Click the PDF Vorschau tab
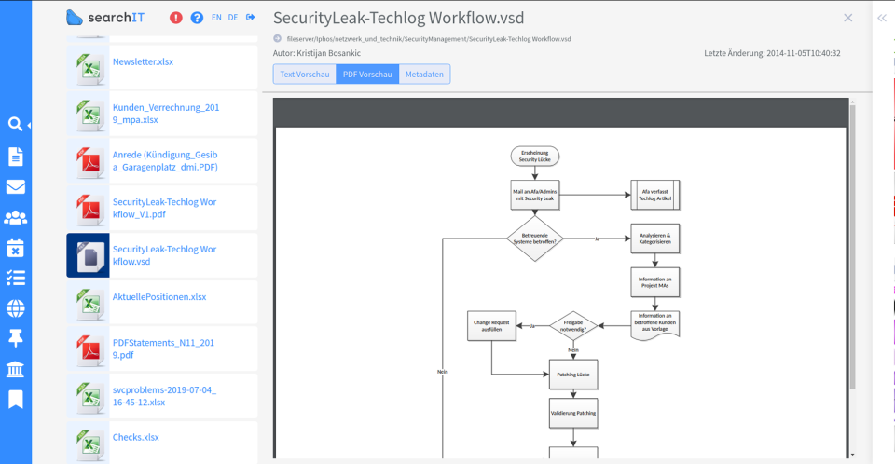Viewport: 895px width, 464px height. [x=366, y=74]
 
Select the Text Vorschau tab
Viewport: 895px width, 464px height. [x=305, y=74]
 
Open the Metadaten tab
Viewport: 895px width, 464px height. [x=424, y=74]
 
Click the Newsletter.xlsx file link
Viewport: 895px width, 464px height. [x=143, y=61]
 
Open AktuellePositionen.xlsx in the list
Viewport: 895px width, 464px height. [x=158, y=297]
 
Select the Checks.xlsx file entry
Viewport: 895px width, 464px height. [x=136, y=437]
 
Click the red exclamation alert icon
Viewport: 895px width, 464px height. [x=176, y=18]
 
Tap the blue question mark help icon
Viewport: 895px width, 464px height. [x=197, y=18]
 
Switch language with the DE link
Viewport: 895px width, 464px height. [x=233, y=18]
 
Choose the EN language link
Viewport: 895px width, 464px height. [x=217, y=18]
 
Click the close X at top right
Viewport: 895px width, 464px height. [x=847, y=18]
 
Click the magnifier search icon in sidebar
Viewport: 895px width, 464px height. [x=15, y=124]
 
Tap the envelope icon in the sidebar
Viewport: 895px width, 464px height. [x=15, y=186]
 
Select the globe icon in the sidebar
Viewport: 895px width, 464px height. [x=15, y=307]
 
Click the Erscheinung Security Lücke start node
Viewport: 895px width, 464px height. [x=534, y=156]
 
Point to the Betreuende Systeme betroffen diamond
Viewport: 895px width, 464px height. [x=535, y=238]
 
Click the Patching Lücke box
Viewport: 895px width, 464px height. [x=572, y=374]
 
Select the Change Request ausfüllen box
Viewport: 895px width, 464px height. [x=491, y=326]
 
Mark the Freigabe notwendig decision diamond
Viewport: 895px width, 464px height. [x=573, y=326]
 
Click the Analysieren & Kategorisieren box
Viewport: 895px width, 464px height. [x=655, y=239]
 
